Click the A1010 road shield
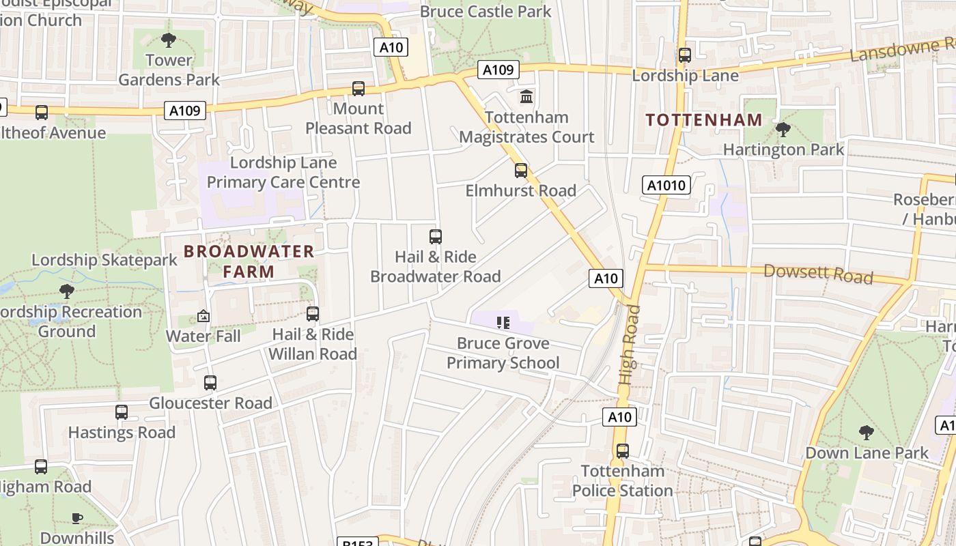click(667, 185)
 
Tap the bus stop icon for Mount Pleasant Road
click(358, 89)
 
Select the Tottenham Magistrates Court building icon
click(526, 97)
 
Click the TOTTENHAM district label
click(704, 120)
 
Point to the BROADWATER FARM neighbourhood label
click(249, 261)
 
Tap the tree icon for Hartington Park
click(783, 129)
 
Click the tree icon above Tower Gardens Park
click(168, 40)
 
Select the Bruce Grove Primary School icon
click(503, 323)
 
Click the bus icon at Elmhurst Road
click(521, 171)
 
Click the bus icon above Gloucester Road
click(210, 383)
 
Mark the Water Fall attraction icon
click(203, 316)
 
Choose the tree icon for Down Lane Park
click(866, 433)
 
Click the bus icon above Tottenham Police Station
click(622, 451)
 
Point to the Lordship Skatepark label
click(104, 260)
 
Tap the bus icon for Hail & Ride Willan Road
click(313, 314)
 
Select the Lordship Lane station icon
click(685, 55)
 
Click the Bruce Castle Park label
click(486, 12)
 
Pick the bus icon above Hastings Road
click(122, 412)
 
